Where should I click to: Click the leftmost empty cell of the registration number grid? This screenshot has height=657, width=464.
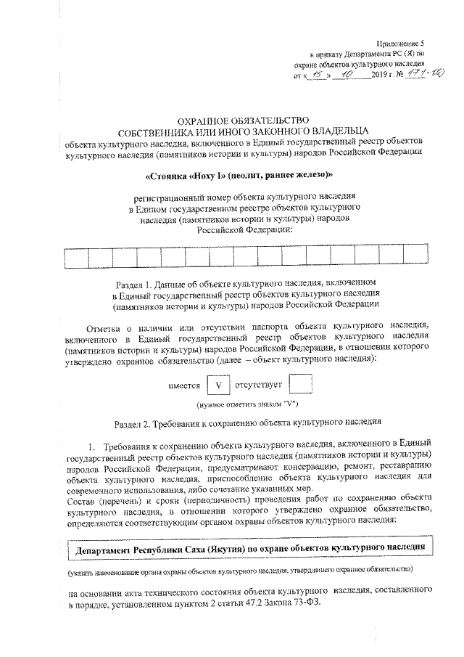click(x=76, y=258)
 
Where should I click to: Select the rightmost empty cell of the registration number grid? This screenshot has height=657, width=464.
click(x=415, y=258)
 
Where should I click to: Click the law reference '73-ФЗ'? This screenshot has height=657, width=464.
click(x=302, y=605)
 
